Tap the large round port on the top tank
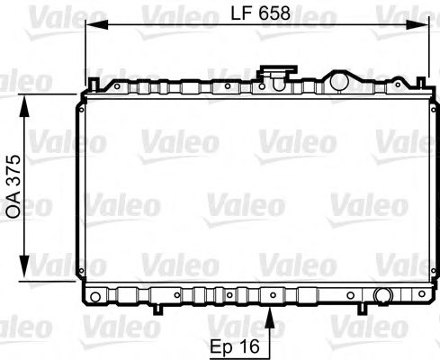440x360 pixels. tap(338, 82)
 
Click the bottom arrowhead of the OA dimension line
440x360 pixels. tap(22, 274)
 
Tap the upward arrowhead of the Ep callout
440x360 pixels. tap(271, 310)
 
